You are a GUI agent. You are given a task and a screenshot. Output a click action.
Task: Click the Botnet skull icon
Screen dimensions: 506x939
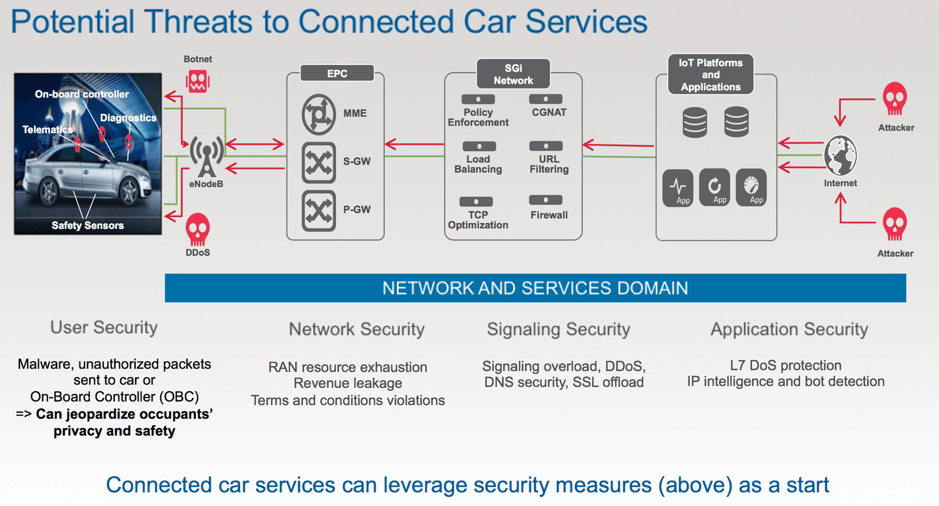[198, 81]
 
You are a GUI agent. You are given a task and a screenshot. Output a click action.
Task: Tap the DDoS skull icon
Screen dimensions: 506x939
[198, 229]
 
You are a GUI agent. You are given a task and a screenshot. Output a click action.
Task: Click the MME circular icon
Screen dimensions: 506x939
[319, 114]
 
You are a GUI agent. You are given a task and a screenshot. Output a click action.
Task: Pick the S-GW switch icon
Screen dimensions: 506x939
[319, 162]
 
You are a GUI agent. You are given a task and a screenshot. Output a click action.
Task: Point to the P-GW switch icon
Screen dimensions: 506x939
[319, 210]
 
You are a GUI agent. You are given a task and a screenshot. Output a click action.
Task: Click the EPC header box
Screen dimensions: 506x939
[337, 73]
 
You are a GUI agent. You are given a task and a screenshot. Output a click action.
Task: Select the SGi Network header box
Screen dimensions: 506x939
[514, 74]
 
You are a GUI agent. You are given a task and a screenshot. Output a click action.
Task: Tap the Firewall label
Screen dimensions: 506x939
[549, 215]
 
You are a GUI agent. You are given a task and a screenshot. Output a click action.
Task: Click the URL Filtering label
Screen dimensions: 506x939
[549, 164]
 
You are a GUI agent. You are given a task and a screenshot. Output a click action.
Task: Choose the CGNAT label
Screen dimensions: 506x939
[549, 112]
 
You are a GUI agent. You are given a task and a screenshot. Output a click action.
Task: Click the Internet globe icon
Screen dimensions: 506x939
[840, 156]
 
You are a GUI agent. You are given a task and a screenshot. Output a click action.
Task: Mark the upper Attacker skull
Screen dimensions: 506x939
[895, 99]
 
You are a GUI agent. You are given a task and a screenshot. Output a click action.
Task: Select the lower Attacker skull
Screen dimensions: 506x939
[895, 224]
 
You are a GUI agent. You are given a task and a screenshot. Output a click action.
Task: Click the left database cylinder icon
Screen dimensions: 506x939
[695, 122]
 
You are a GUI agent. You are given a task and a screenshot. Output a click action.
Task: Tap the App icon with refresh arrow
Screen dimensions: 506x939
[715, 187]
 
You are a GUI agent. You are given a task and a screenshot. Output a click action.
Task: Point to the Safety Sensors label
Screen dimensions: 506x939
[87, 225]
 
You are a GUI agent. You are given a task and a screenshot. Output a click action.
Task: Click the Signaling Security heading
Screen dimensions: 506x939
[558, 329]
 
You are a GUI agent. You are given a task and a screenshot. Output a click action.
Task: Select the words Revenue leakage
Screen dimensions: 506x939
[348, 383]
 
